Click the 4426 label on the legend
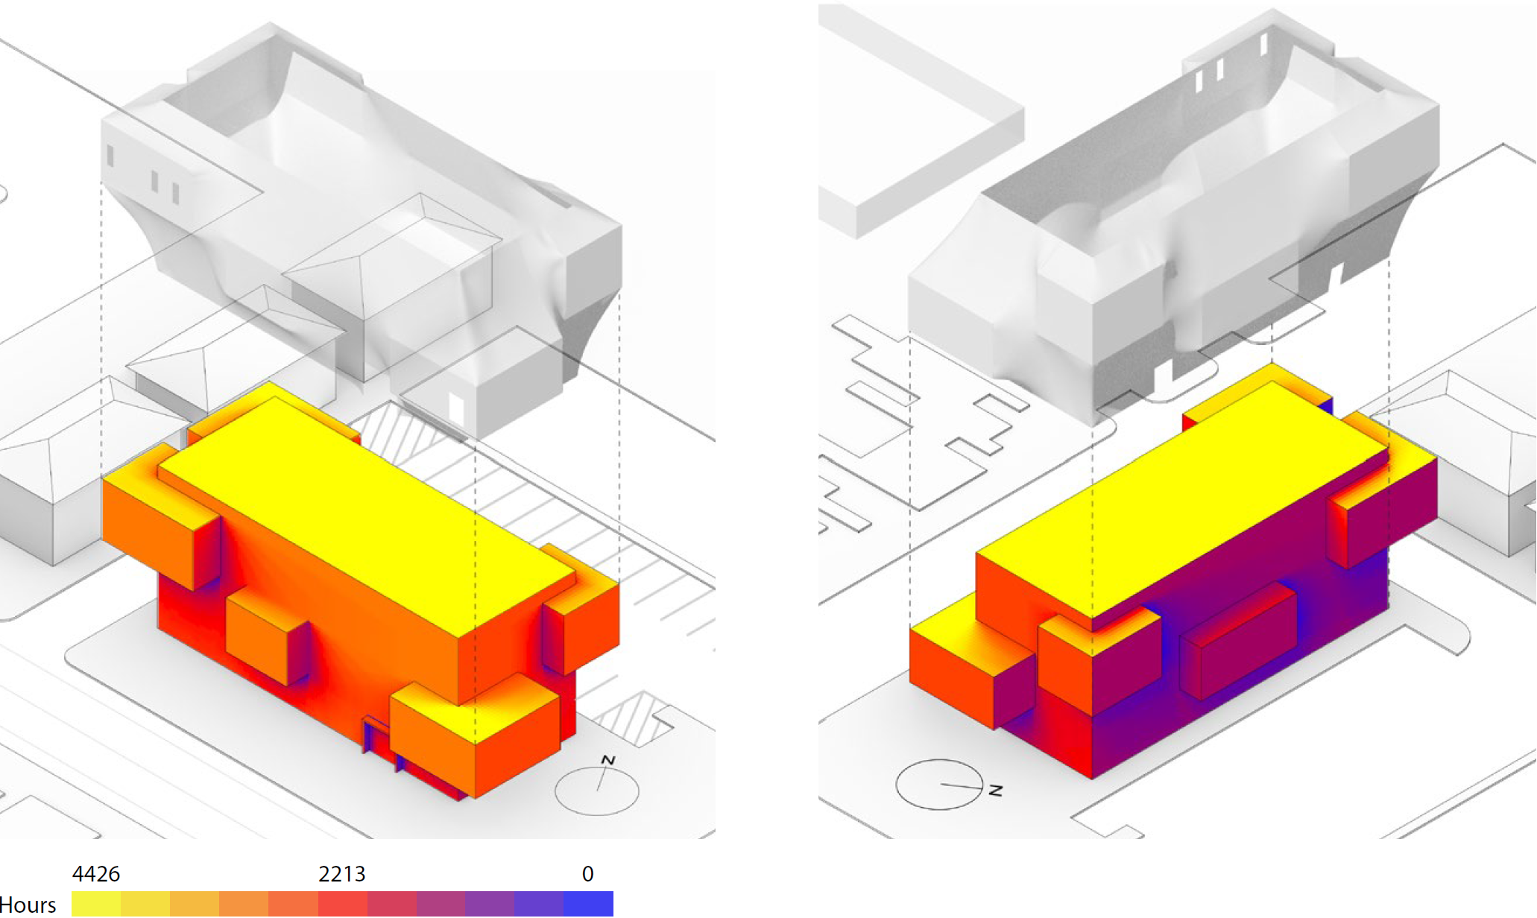pyautogui.click(x=96, y=873)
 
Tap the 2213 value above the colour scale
pyautogui.click(x=342, y=873)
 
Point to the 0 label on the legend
pyautogui.click(x=588, y=873)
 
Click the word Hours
pyautogui.click(x=28, y=905)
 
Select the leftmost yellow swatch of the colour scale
pyautogui.click(x=96, y=904)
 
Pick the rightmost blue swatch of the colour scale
pyautogui.click(x=589, y=904)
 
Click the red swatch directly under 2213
pyautogui.click(x=342, y=904)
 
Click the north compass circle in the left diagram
pyautogui.click(x=597, y=791)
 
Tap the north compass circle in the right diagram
pyautogui.click(x=939, y=784)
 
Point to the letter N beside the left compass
pyautogui.click(x=608, y=760)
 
